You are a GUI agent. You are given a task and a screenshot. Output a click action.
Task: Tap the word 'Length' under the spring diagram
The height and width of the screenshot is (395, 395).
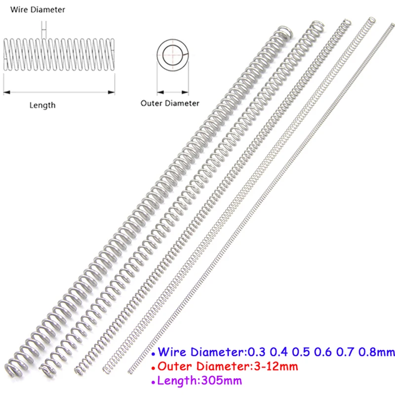[43, 105]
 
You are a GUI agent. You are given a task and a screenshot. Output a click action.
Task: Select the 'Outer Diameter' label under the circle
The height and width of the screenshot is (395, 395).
[170, 103]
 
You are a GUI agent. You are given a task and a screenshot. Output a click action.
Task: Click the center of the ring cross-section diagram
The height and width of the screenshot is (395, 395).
[173, 53]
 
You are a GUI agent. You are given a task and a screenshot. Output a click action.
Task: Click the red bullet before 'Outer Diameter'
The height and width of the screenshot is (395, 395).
[155, 368]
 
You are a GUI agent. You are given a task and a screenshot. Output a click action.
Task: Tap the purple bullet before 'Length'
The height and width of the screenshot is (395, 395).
[155, 382]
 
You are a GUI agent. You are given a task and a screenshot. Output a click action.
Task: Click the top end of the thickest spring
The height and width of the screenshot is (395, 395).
[285, 31]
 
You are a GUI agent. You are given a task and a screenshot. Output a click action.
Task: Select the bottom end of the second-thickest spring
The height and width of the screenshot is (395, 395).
[48, 367]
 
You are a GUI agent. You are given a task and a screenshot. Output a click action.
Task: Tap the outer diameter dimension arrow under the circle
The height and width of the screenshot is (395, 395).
[173, 92]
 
